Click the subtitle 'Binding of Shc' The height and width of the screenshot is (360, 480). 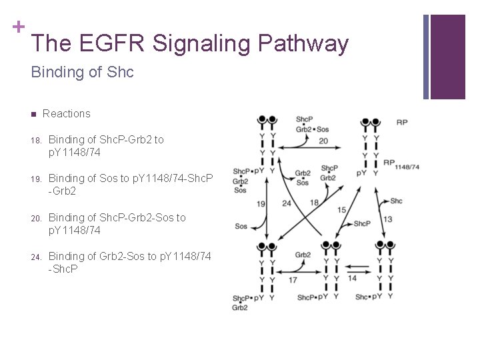(x=82, y=72)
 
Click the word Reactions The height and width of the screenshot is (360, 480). (x=66, y=114)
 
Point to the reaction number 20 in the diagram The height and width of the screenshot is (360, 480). (x=323, y=141)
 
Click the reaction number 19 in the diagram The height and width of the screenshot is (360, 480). (x=261, y=204)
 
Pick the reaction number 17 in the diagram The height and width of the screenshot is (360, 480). (x=293, y=280)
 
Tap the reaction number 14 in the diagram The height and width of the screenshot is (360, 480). (x=351, y=278)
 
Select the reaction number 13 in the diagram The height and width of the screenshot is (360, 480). (x=387, y=219)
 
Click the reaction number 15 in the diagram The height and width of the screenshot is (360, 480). (x=341, y=210)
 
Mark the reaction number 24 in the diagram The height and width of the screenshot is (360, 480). (x=286, y=203)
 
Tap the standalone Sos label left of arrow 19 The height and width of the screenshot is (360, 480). (x=241, y=227)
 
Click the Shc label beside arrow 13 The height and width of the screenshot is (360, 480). (x=397, y=201)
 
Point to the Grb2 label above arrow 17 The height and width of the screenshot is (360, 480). (x=303, y=255)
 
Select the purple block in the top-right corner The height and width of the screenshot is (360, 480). (x=447, y=57)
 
